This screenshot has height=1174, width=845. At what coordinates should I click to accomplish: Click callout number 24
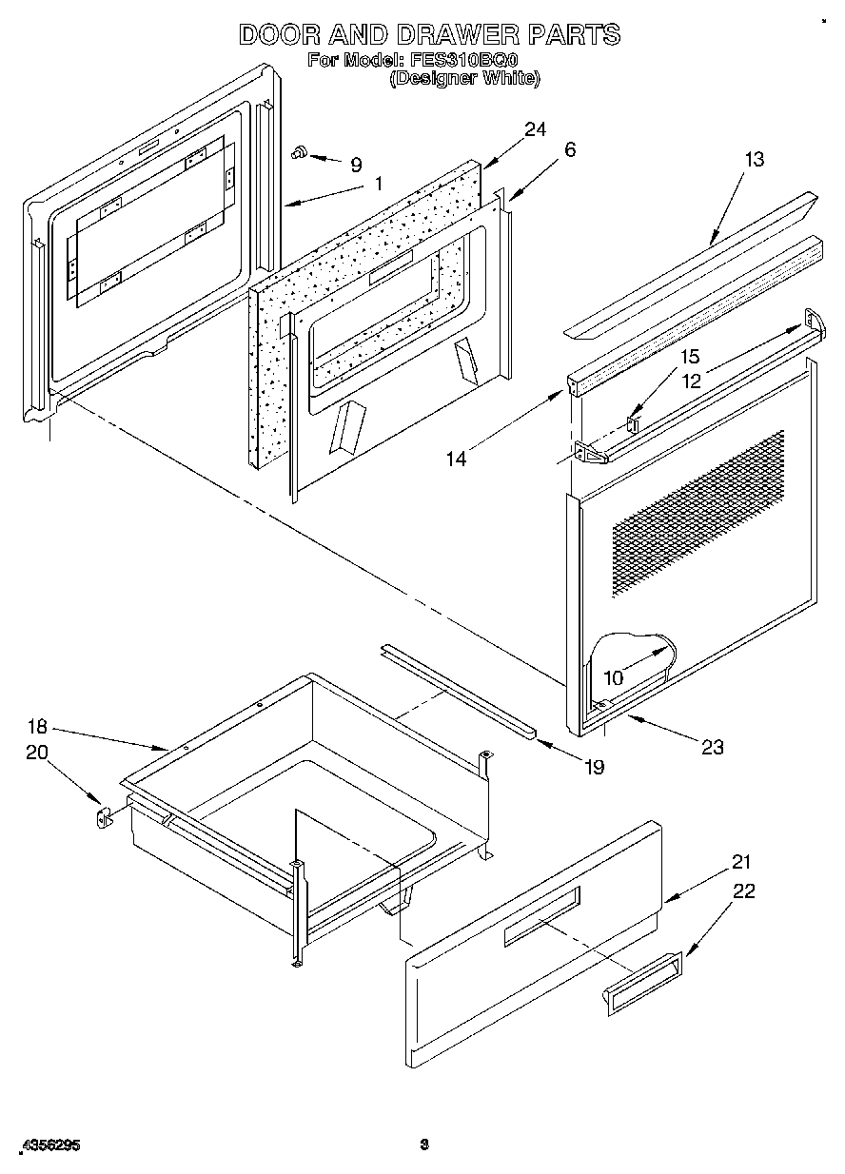(535, 130)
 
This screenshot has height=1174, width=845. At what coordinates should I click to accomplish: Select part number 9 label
(356, 165)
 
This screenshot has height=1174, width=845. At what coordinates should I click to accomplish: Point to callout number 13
(754, 160)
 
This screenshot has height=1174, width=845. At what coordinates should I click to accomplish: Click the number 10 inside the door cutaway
(614, 679)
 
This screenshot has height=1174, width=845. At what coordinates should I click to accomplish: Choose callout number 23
(712, 747)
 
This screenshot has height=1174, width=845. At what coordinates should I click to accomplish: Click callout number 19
(594, 767)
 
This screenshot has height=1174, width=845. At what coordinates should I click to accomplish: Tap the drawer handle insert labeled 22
(642, 981)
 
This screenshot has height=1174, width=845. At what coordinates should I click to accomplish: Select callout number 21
(741, 863)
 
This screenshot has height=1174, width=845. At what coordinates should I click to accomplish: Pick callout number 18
(36, 728)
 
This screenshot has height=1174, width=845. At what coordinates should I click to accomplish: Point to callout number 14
(458, 459)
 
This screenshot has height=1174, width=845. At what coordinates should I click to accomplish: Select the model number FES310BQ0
(463, 60)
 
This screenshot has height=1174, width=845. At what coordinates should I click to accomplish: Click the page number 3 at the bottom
(425, 1145)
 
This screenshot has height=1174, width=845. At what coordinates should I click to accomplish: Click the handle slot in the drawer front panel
(540, 917)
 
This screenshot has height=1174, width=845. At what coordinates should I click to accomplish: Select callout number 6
(569, 149)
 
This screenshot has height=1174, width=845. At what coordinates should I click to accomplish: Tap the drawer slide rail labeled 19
(457, 690)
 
